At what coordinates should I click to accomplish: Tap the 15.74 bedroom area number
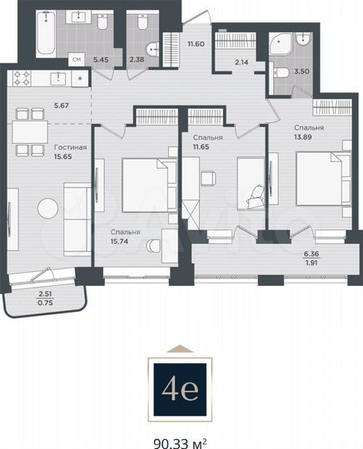tap(122, 243)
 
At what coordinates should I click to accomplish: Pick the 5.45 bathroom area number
tap(101, 60)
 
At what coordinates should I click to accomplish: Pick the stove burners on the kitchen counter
tap(22, 79)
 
